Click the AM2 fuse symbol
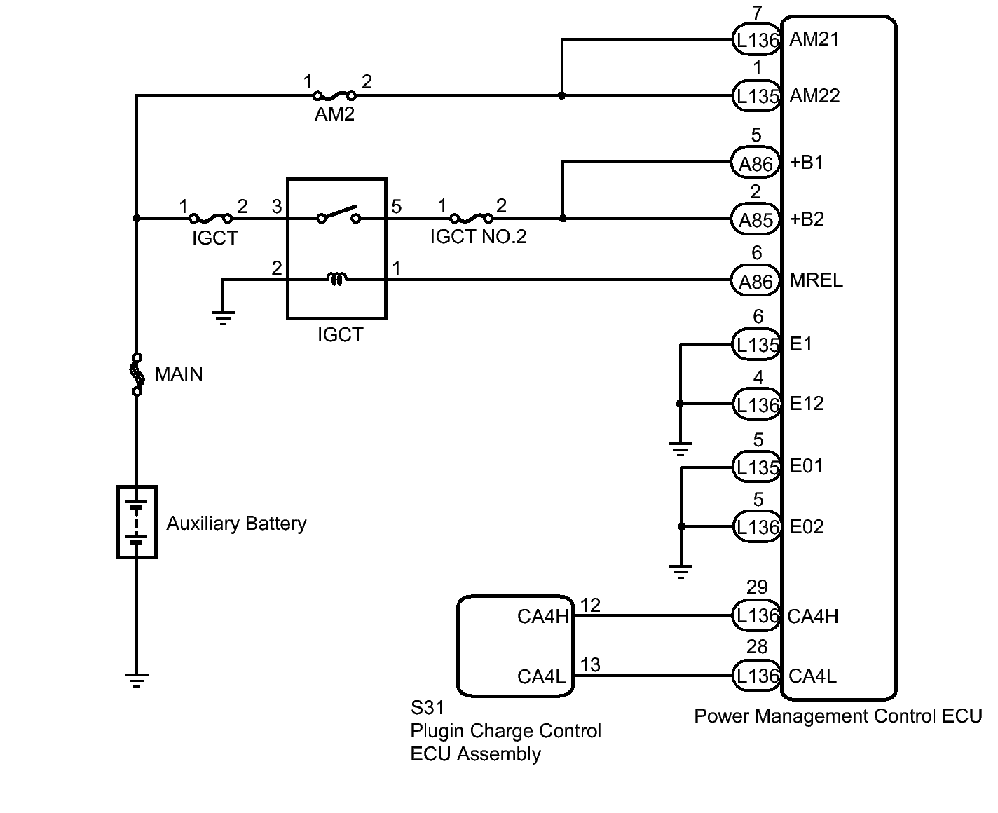click(334, 95)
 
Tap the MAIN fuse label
click(179, 374)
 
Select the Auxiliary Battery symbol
click(137, 522)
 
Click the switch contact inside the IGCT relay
click(338, 214)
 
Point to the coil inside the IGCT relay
click(336, 280)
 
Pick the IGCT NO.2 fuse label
click(478, 237)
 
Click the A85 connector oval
click(756, 220)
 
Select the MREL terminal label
click(816, 280)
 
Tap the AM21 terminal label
click(814, 39)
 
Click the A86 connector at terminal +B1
click(756, 163)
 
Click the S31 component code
click(428, 709)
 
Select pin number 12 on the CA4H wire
click(591, 605)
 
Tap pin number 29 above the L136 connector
click(757, 587)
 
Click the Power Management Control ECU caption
click(838, 716)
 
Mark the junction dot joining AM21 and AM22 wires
click(561, 95)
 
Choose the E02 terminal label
click(807, 526)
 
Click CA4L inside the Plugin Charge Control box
click(542, 676)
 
